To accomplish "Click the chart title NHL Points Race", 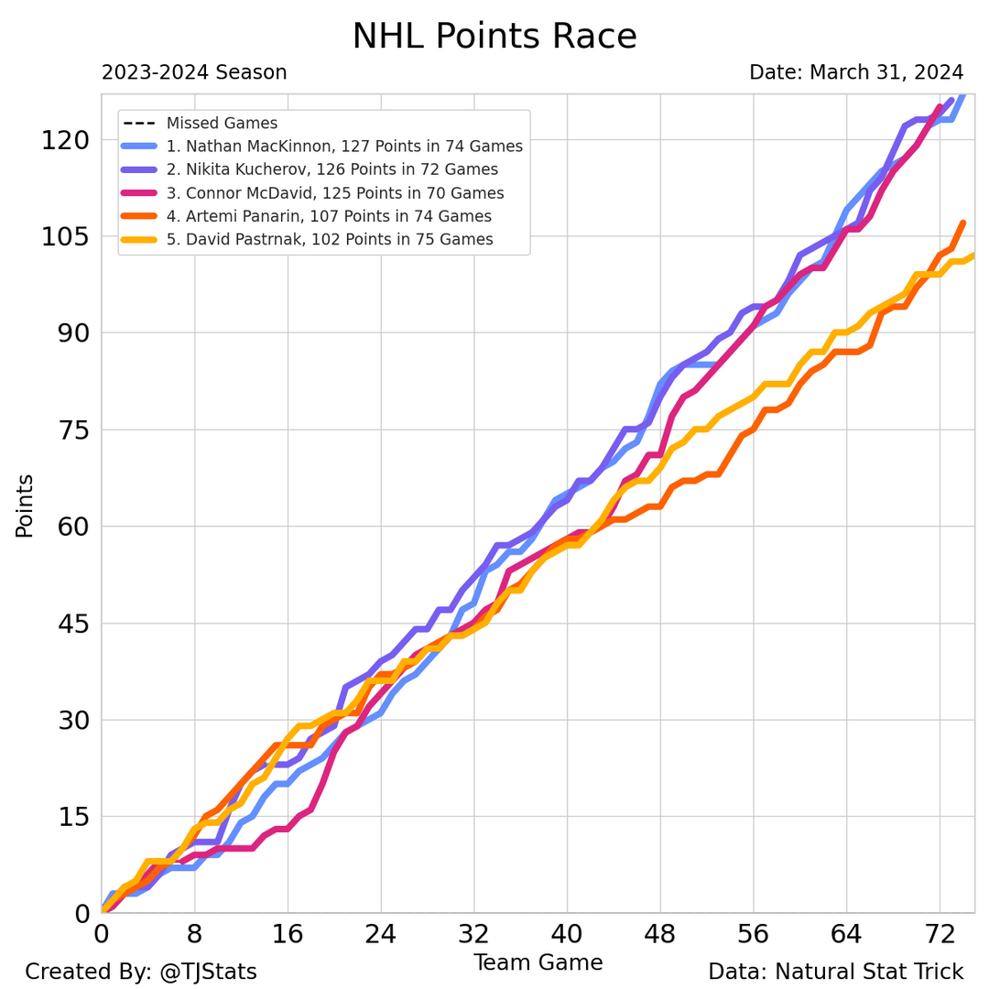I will [494, 37].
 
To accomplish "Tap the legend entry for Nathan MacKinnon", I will [343, 146].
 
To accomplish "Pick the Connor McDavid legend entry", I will [334, 193].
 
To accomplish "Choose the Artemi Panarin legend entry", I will [329, 216].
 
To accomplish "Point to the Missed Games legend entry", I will [222, 123].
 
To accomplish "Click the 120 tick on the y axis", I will [65, 140].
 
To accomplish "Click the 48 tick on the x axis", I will [660, 936].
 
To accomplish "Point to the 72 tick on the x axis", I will [940, 936].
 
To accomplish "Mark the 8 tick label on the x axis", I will [195, 936].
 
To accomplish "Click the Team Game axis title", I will [538, 962].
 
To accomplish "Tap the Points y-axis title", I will [25, 505].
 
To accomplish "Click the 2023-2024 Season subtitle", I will [194, 72].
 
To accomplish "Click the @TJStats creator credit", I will [141, 972].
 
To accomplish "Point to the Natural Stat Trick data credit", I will [835, 972].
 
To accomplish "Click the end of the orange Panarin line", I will [962, 223].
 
